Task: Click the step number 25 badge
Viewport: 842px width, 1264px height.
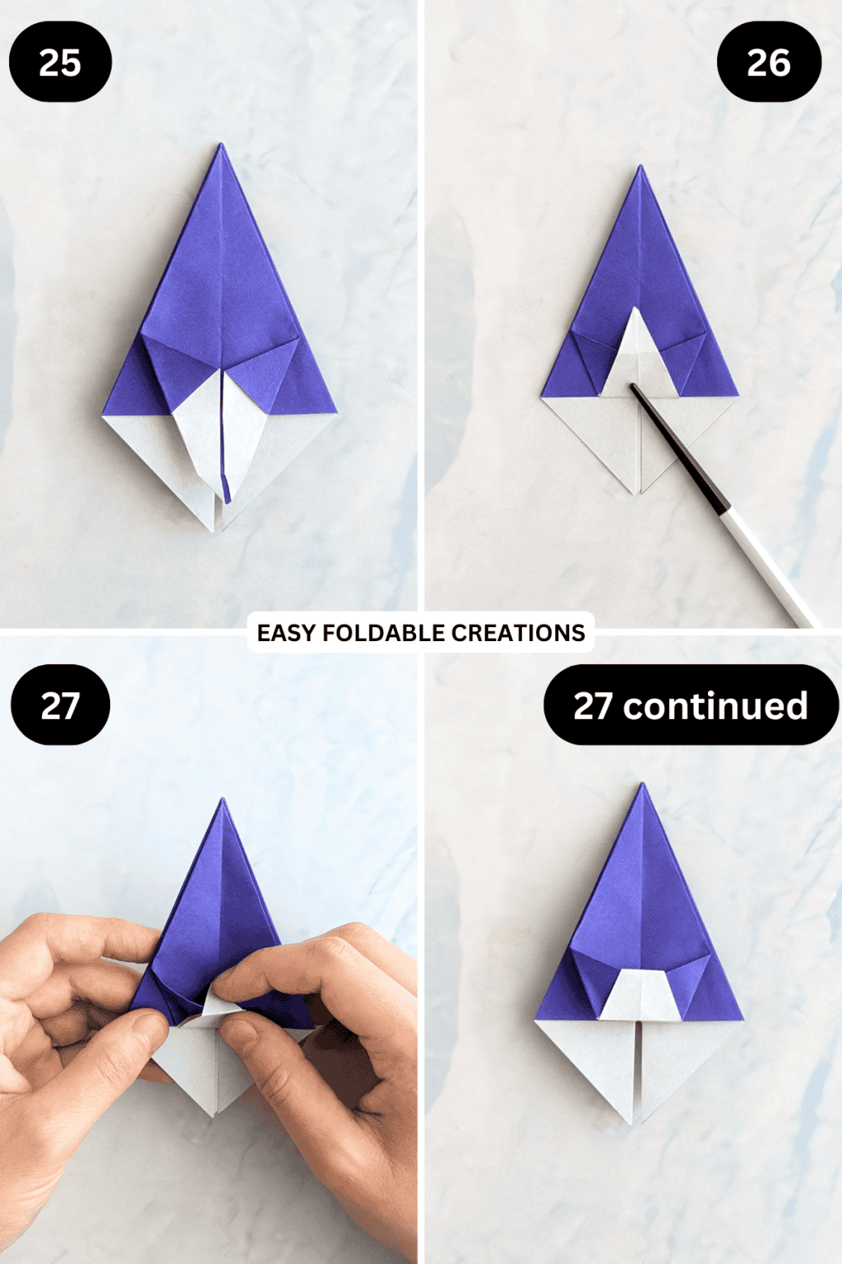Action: point(60,63)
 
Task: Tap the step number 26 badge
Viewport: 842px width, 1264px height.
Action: point(769,63)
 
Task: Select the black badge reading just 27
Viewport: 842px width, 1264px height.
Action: point(60,705)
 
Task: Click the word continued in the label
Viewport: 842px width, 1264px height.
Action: point(715,706)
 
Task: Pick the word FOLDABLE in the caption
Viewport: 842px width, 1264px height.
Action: point(384,633)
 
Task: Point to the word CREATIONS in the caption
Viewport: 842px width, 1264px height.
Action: point(518,633)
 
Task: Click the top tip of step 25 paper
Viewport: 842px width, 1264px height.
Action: point(220,146)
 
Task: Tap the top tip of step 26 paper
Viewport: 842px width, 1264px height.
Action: point(641,168)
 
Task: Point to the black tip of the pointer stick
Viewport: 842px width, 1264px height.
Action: point(634,386)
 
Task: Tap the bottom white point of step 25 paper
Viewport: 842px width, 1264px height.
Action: point(218,529)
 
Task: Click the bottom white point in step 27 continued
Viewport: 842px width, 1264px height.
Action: point(633,1122)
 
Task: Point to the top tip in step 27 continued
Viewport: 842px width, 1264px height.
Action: point(642,785)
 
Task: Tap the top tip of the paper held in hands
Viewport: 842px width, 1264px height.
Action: point(222,800)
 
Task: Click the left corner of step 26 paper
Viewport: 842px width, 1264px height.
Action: point(543,397)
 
